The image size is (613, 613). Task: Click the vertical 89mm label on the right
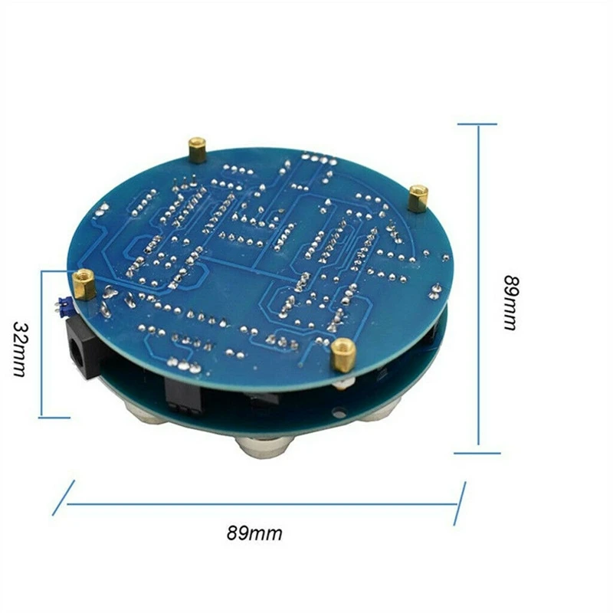[510, 302]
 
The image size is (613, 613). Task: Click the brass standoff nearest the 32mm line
[85, 284]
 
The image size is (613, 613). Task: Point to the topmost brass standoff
[198, 149]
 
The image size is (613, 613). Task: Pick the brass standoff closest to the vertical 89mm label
[418, 198]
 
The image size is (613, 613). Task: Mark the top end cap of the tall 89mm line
[477, 124]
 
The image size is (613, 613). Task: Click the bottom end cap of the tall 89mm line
[477, 453]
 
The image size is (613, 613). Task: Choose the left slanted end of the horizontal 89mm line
[64, 497]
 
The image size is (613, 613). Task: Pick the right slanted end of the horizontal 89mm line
[460, 503]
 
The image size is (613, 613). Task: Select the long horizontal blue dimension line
[261, 503]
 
